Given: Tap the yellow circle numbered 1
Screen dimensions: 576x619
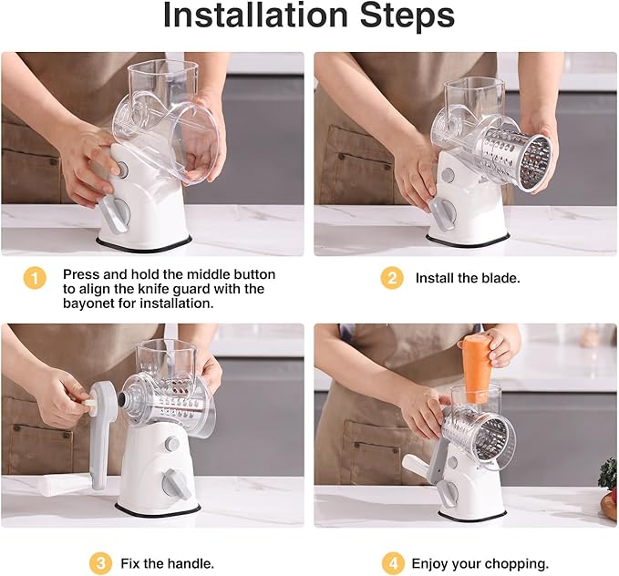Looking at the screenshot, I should [x=34, y=278].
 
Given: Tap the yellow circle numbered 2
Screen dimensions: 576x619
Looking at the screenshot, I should [x=392, y=278].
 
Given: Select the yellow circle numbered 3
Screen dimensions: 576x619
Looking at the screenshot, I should [x=100, y=562].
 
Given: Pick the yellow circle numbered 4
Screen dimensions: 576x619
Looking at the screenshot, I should [x=392, y=562].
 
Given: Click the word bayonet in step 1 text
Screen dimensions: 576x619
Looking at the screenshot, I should [x=91, y=303].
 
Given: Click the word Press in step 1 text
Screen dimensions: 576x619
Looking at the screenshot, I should [x=80, y=273].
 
